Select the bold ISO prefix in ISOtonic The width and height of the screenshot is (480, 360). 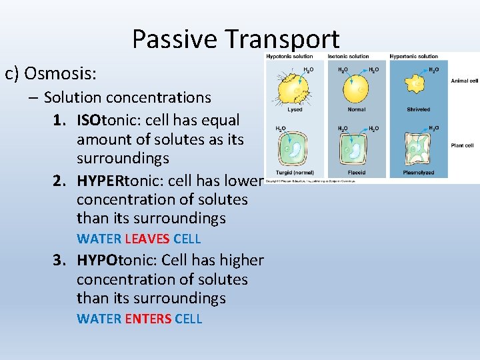click(x=109, y=121)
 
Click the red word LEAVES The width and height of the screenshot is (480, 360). click(x=147, y=239)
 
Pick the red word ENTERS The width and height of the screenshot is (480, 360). click(x=148, y=319)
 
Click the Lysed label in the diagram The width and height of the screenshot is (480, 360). click(x=295, y=109)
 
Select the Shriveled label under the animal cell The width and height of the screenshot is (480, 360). click(x=418, y=109)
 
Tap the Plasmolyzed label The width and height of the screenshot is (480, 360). click(x=418, y=173)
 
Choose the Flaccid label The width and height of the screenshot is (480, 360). click(x=357, y=173)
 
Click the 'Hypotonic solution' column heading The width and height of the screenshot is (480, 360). click(x=289, y=56)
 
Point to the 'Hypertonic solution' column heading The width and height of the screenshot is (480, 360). click(x=414, y=56)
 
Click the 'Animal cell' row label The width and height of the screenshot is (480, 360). click(x=464, y=81)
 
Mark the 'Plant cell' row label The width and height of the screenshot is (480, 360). click(x=462, y=145)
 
